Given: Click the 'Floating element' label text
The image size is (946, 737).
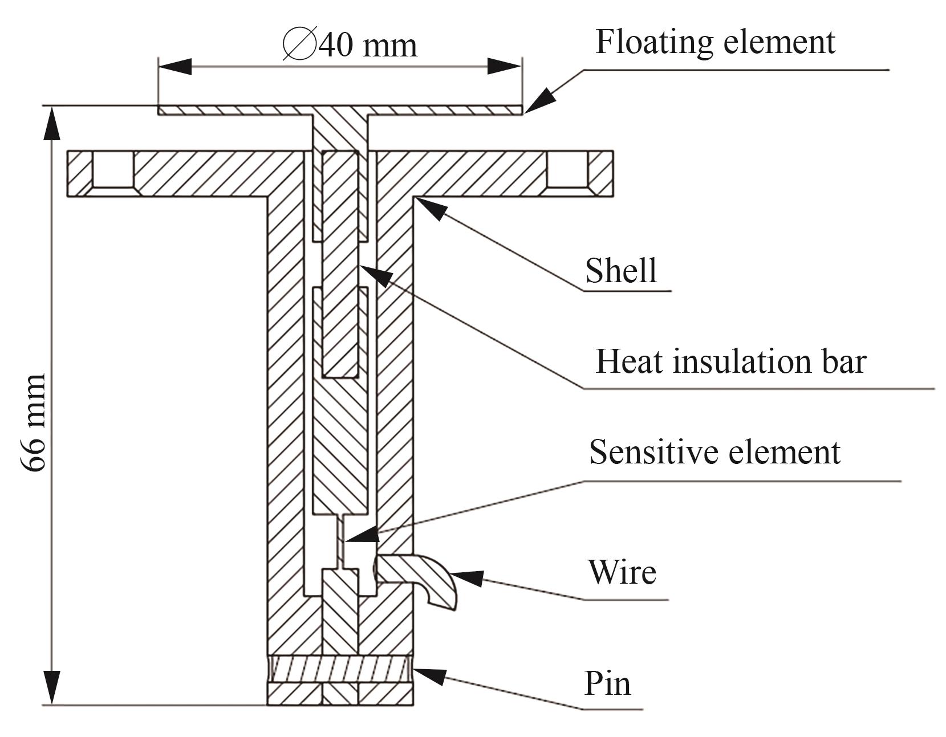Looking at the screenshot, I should pos(715,42).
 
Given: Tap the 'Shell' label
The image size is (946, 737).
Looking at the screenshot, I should pos(621,270).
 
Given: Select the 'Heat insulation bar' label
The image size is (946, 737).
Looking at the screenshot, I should pos(730,361).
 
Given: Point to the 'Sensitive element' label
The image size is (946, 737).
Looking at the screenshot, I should pos(714,452).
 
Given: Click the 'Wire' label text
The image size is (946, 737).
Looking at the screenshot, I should pos(622,572).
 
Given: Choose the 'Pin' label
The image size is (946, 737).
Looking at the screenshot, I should pos(608,683).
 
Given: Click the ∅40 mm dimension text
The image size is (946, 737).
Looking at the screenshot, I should pos(350,44).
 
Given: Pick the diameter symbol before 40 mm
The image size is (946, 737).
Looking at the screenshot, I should pos(299,44).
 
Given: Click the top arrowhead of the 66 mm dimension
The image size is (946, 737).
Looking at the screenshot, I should pos(52,123).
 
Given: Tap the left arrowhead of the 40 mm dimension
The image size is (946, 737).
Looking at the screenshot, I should pos(174,66).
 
